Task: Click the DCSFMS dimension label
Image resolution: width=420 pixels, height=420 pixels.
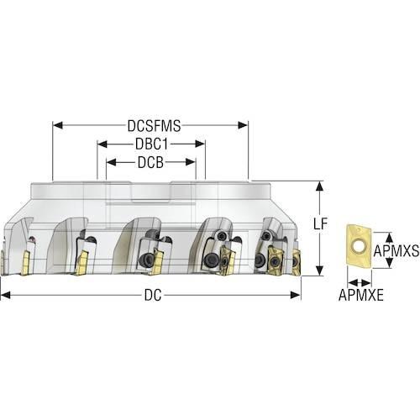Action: pos(154,126)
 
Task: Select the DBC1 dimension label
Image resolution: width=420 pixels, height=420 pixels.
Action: pos(151,144)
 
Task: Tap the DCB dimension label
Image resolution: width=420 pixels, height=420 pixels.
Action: pos(150,162)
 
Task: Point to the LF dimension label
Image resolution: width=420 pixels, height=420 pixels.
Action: pos(320,223)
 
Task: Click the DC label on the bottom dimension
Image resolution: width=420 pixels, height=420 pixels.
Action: pos(153,295)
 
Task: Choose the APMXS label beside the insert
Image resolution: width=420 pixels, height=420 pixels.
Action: pos(396,250)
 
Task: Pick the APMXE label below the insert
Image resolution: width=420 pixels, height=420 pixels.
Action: pos(361,295)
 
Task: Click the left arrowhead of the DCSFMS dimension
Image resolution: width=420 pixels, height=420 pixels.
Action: pos(58,125)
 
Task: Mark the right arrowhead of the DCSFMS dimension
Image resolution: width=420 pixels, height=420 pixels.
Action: pos(243,125)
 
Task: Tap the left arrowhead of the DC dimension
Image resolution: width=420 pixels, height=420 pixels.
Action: pos(6,295)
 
